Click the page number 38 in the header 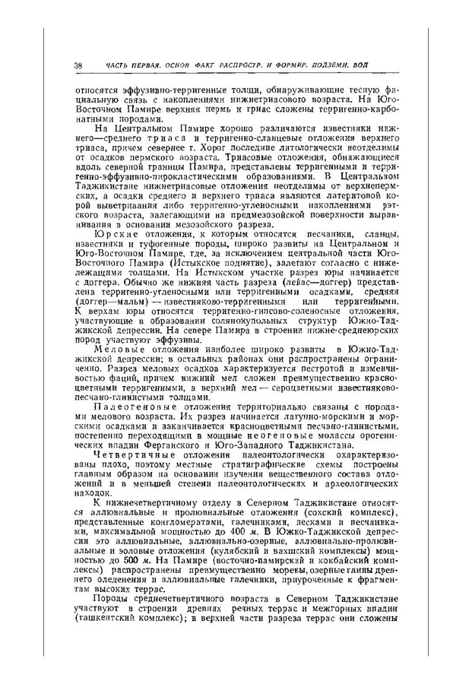pyautogui.click(x=78, y=63)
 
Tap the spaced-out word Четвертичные pyautogui.click(x=131, y=456)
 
